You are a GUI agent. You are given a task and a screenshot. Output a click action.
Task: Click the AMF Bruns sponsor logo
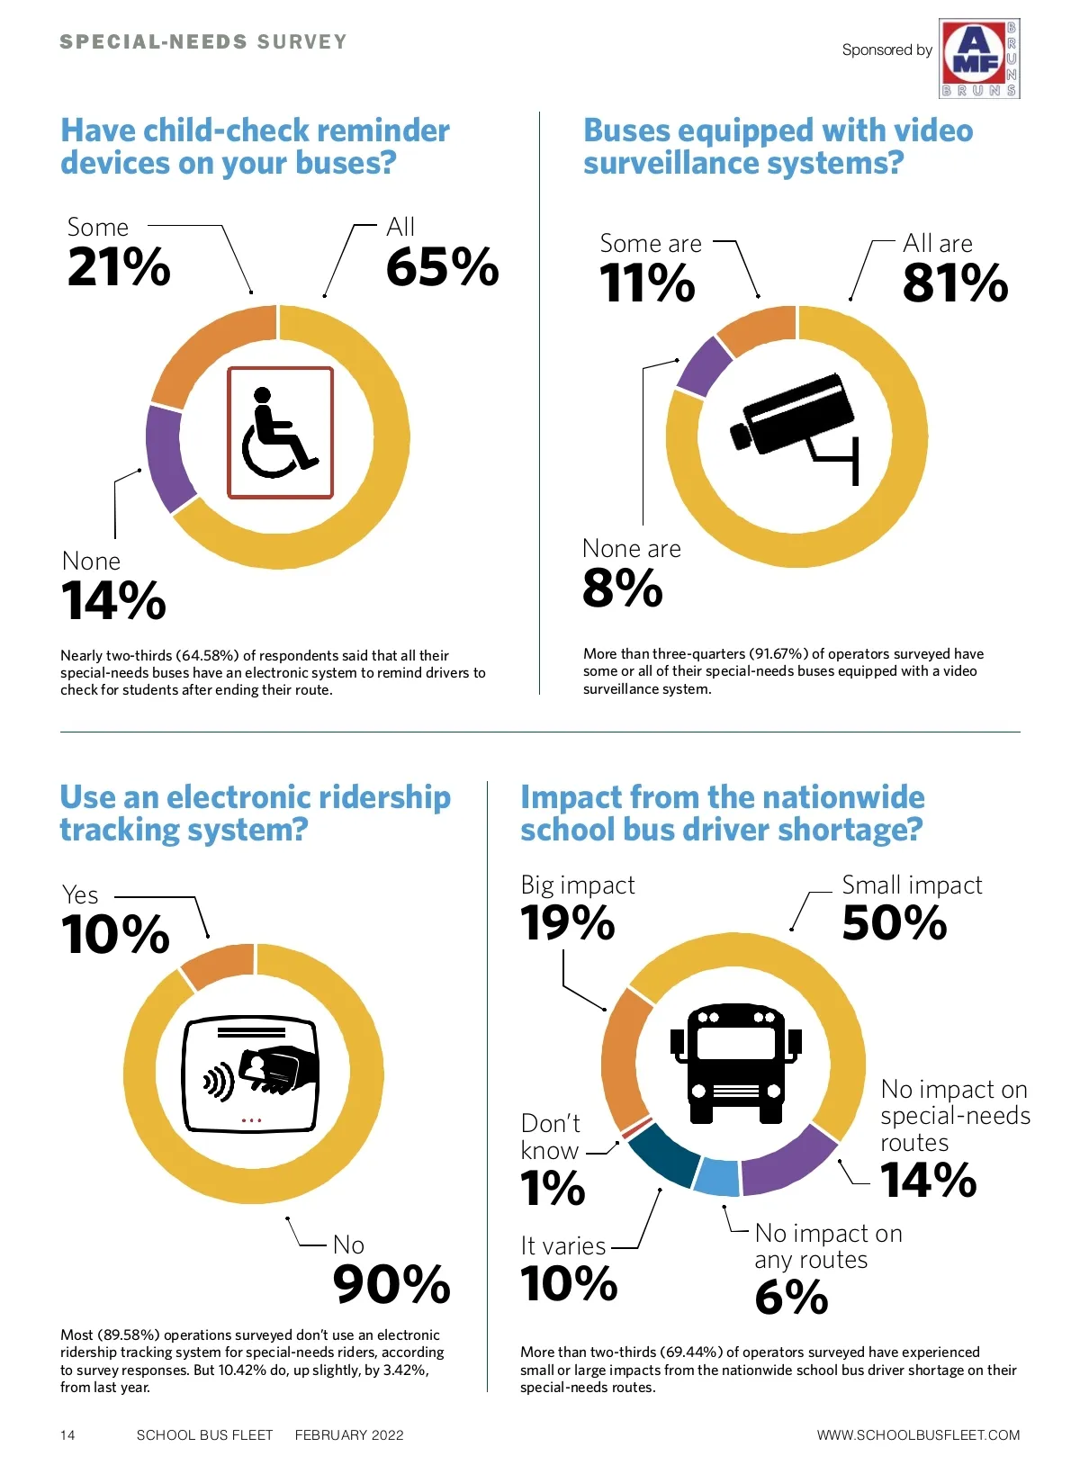[x=979, y=58]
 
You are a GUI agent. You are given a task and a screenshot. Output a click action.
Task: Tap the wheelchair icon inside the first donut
[x=280, y=433]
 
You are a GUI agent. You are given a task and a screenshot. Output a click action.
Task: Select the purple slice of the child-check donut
[x=168, y=457]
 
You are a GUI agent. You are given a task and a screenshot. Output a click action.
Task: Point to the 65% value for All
[x=442, y=267]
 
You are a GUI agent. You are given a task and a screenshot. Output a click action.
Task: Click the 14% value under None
[x=114, y=600]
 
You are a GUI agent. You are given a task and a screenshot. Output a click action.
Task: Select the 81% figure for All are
[x=955, y=283]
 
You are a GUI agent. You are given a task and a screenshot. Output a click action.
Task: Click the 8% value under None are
[x=623, y=589]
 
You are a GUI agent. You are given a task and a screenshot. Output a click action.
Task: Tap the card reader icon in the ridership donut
[x=251, y=1074]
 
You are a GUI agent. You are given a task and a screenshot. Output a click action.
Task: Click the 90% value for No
[x=391, y=1284]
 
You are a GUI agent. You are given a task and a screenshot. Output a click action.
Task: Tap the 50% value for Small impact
[x=895, y=923]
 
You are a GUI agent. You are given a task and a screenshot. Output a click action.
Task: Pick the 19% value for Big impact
[x=568, y=923]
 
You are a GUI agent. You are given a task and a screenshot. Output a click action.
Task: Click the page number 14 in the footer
[x=68, y=1434]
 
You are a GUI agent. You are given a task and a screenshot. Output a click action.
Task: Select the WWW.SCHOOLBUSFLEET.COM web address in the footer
[x=918, y=1434]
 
